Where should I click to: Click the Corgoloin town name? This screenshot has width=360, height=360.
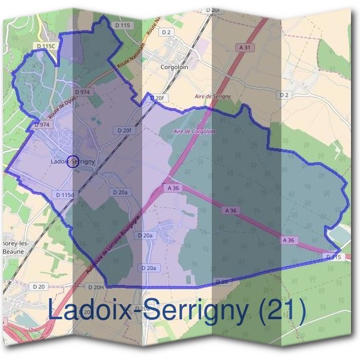click(x=175, y=67)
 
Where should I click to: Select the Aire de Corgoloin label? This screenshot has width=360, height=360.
click(x=194, y=131)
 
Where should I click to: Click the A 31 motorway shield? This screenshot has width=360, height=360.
click(x=244, y=47)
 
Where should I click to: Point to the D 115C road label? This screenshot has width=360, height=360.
click(x=46, y=46)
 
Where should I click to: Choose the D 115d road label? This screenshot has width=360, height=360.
click(x=64, y=194)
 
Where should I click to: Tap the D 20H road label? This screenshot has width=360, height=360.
click(x=94, y=288)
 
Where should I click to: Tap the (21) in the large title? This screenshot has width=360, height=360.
click(x=281, y=310)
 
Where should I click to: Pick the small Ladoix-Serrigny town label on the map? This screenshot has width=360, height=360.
click(x=73, y=161)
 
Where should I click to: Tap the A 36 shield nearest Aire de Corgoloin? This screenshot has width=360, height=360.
click(x=174, y=188)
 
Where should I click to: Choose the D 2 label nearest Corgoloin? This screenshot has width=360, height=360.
click(x=166, y=32)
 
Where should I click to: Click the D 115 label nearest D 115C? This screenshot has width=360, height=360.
click(x=122, y=25)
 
